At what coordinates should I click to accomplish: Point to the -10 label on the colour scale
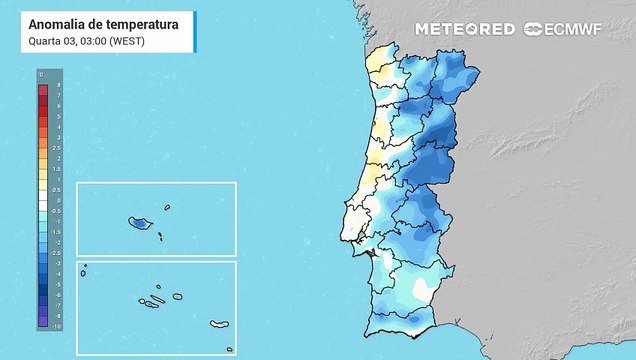pyautogui.click(x=57, y=327)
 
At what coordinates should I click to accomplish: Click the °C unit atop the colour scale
pyautogui.click(x=42, y=75)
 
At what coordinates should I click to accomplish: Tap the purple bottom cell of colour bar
pyautogui.click(x=43, y=325)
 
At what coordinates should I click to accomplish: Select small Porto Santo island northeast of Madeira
pyautogui.click(x=167, y=208)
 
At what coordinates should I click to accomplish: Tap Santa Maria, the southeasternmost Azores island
pyautogui.click(x=230, y=349)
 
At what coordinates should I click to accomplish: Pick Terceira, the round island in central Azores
pyautogui.click(x=177, y=296)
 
